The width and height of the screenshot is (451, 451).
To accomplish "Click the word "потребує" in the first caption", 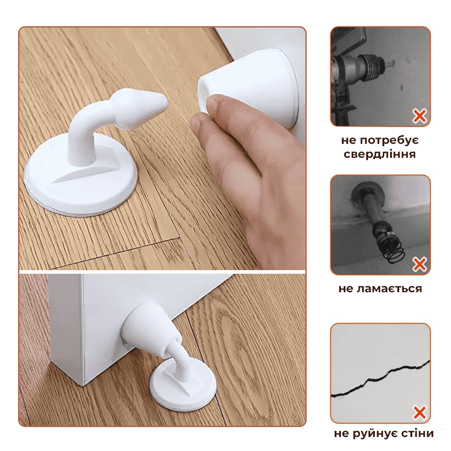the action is point(389,140).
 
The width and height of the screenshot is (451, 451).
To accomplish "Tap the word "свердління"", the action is point(380,154).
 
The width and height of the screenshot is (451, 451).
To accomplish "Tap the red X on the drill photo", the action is point(419,116).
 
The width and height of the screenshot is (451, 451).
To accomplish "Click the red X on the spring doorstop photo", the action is point(419,264).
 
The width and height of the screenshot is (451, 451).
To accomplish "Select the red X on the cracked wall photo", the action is point(419,413).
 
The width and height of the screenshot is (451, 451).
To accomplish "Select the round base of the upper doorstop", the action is point(81,175).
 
